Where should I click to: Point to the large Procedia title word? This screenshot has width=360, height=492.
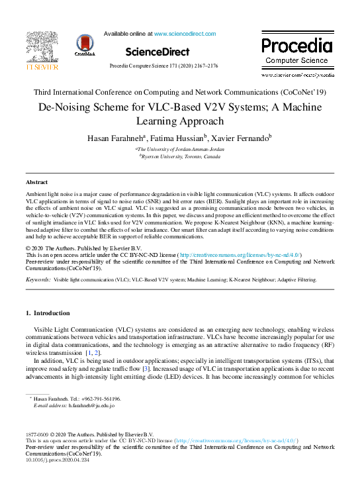coord(296,45)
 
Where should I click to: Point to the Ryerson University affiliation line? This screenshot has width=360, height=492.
coord(180,158)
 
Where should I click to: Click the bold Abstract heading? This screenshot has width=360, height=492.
coord(36,181)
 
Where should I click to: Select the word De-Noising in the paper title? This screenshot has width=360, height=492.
coord(66,106)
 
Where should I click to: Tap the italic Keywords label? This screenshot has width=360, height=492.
coord(38,280)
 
